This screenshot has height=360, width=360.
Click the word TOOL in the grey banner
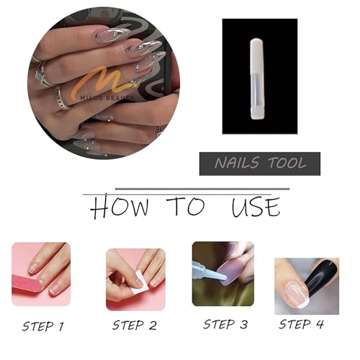pos(284,164)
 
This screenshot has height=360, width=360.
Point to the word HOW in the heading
pos(119,207)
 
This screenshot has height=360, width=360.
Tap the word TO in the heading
pos(186,207)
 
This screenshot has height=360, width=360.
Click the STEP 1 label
pos(42,326)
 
